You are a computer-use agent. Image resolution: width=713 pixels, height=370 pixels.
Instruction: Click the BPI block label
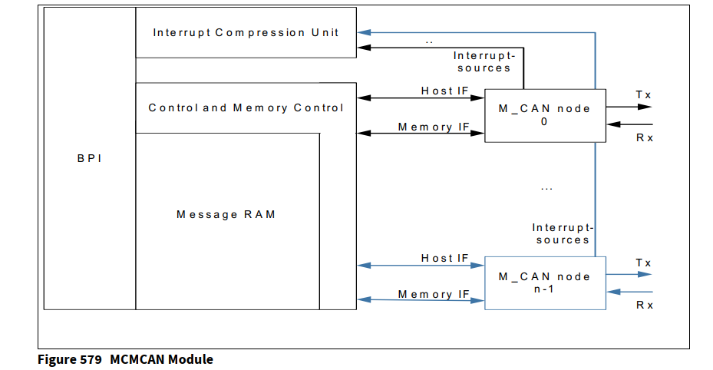pos(89,159)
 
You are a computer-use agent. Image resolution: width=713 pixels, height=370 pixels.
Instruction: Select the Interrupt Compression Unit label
pos(246,32)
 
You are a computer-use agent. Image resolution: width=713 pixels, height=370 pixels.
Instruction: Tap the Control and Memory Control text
pos(246,107)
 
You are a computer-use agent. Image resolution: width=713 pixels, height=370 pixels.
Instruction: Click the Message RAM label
pos(226,214)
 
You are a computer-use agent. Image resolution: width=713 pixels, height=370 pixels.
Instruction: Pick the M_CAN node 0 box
pos(544,114)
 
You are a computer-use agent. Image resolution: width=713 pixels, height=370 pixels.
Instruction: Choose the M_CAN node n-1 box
pos(544,282)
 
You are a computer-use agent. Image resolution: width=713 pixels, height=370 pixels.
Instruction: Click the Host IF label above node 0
pos(444,91)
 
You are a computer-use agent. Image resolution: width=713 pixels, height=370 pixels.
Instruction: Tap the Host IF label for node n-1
pos(444,258)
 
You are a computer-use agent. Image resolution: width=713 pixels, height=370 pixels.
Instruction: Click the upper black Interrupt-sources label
pos(484,61)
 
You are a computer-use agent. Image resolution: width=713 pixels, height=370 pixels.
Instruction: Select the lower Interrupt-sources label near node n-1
pos(563,233)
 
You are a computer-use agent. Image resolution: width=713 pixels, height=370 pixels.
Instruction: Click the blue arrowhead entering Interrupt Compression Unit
pos(363,32)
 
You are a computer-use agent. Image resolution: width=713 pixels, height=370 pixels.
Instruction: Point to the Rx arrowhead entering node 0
pos(612,124)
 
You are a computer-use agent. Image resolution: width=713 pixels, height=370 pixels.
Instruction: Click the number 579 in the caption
pos(90,359)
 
